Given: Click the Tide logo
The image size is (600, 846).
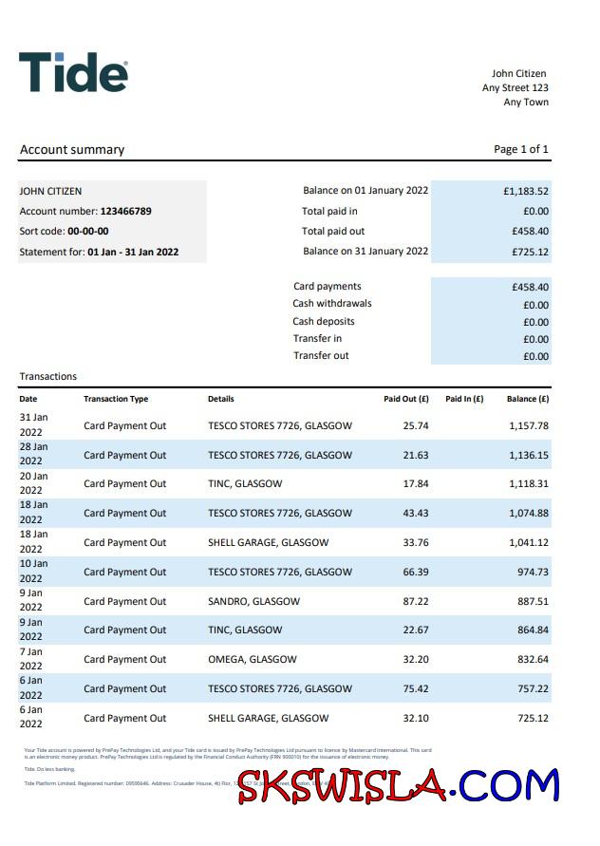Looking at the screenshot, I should point(73,73).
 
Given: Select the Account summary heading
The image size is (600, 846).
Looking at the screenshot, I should point(72,149).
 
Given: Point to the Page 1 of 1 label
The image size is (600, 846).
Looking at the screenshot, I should point(521,149).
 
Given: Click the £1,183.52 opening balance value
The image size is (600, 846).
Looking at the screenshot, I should point(526,191).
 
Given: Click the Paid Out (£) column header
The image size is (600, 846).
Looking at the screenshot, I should point(406,399).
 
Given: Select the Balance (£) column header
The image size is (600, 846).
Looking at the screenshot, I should point(528,399).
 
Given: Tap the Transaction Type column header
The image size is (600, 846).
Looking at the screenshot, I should point(116,399).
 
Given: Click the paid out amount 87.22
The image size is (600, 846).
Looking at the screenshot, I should point(416,601).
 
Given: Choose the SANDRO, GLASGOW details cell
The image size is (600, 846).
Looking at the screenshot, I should point(253,601).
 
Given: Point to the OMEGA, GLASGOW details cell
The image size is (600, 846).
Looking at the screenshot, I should point(252,660).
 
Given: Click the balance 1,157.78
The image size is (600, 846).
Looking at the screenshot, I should point(529,425).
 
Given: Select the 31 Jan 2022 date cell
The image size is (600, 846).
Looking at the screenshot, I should point(33,425).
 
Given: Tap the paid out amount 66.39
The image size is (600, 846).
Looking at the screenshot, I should point(416,572).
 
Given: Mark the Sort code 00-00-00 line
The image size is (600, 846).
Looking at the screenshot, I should point(65,232).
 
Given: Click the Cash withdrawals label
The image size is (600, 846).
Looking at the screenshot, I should point(331,304).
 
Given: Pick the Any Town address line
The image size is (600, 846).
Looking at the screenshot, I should point(526,103).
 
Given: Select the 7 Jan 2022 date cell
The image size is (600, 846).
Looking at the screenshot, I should point(33,659).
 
